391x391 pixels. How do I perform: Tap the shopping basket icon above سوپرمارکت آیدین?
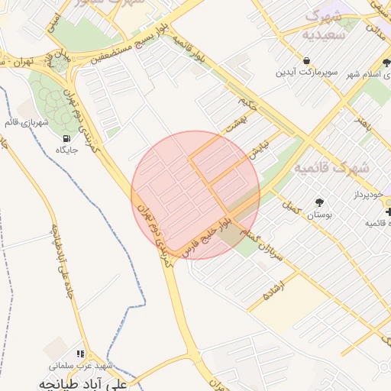pyautogui.click(x=306, y=60)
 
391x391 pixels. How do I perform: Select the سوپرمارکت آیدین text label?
pyautogui.click(x=305, y=73)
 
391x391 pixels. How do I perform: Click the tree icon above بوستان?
pyautogui.click(x=318, y=203)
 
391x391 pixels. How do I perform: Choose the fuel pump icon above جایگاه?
pyautogui.click(x=67, y=138)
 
